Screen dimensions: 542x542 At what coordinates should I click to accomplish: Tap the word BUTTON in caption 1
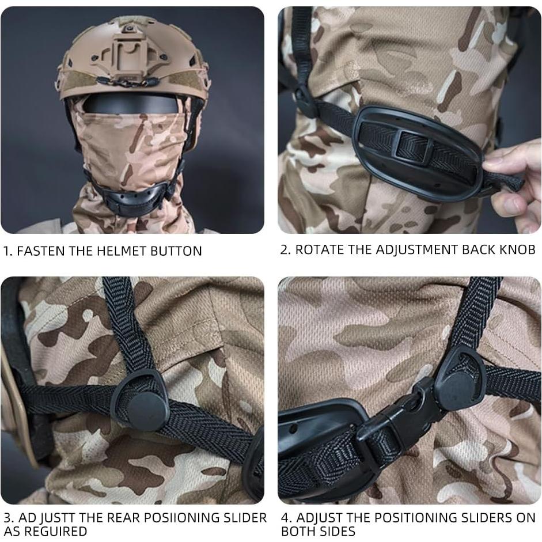pos(176,251)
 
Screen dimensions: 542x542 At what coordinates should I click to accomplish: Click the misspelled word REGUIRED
pos(55,530)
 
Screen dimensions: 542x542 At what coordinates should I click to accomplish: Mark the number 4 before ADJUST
pos(285,518)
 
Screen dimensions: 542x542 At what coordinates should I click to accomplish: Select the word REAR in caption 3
pos(118,518)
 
